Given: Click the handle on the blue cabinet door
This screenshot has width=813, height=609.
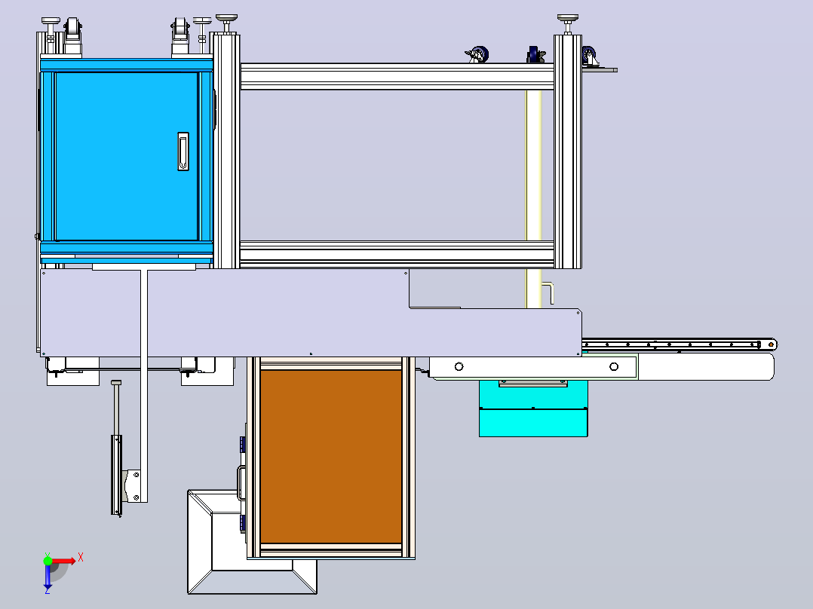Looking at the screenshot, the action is pyautogui.click(x=183, y=151).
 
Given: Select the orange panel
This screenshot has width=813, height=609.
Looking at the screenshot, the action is pyautogui.click(x=331, y=456).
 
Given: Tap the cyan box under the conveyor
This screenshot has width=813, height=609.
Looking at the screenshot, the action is pyautogui.click(x=533, y=409).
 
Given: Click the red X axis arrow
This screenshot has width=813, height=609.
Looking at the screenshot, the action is pyautogui.click(x=64, y=560).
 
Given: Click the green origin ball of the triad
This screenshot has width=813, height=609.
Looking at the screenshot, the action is pyautogui.click(x=48, y=560).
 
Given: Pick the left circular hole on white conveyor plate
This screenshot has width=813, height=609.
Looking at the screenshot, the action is pyautogui.click(x=459, y=367).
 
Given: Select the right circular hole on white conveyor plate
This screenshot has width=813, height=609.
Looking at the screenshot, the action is pyautogui.click(x=614, y=367).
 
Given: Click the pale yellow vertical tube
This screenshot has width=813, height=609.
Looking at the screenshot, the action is pyautogui.click(x=534, y=200).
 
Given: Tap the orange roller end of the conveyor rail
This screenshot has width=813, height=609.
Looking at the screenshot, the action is pyautogui.click(x=772, y=344).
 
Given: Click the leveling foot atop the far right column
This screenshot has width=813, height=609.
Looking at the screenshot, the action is pyautogui.click(x=568, y=24).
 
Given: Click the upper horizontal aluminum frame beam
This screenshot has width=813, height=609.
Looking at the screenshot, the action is pyautogui.click(x=397, y=77).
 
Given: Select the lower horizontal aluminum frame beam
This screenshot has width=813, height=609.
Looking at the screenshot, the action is pyautogui.click(x=397, y=254).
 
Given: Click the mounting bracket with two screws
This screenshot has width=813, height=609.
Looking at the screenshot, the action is pyautogui.click(x=133, y=485).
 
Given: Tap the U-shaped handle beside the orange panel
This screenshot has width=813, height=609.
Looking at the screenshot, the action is pyautogui.click(x=241, y=482).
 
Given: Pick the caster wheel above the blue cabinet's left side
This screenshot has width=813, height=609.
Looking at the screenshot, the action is pyautogui.click(x=72, y=35).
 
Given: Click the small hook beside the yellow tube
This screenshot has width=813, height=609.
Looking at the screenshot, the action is pyautogui.click(x=548, y=293).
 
